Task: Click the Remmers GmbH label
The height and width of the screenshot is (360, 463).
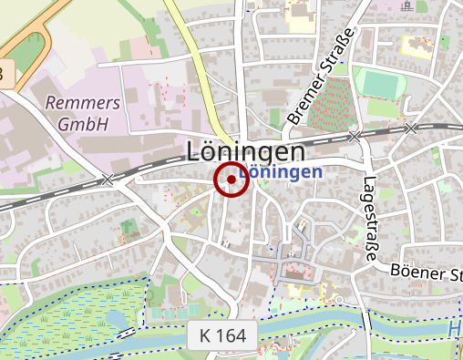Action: pos(77,113)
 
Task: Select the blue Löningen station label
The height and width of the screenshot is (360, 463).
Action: pos(280,171)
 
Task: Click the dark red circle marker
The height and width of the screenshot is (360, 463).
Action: pos(231,180)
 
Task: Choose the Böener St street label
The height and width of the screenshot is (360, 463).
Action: pos(425,271)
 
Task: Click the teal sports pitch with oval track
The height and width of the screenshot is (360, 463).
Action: pos(380,84)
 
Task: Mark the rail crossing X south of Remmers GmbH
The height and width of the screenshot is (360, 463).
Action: pos(108,180)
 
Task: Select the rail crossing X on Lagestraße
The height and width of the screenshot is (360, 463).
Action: pos(355,136)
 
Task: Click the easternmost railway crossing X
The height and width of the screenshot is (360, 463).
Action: pos(412,128)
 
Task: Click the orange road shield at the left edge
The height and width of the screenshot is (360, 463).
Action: pos(5,73)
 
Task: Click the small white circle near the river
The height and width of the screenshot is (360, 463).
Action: pos(338,299)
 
